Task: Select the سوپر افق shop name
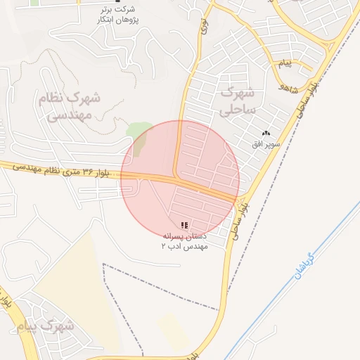click(x=266, y=143)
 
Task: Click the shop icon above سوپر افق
click(x=266, y=134)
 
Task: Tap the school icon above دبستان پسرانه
click(x=184, y=225)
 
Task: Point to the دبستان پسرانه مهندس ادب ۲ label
click(x=184, y=242)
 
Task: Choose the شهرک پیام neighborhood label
click(x=48, y=326)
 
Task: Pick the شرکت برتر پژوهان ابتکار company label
click(x=117, y=15)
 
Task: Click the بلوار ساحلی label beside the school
click(x=241, y=218)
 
